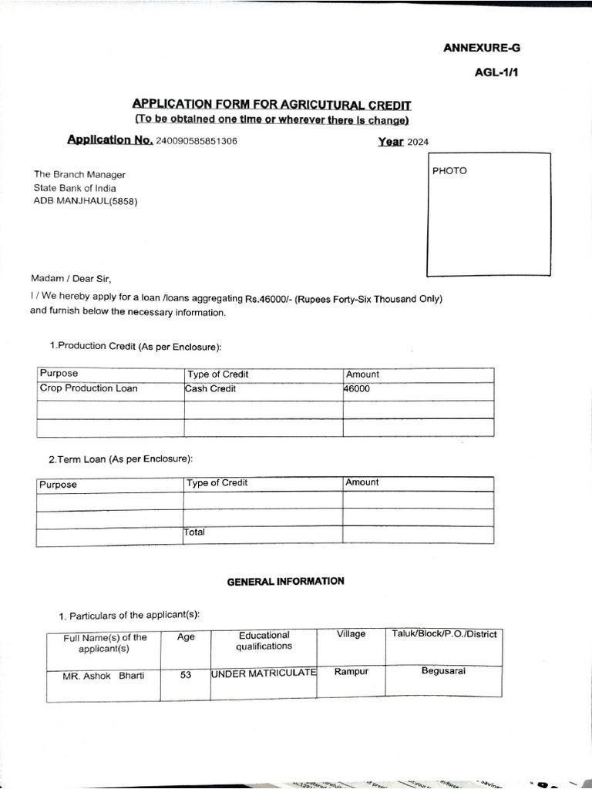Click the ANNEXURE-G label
pos(482,48)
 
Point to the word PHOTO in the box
pos(449,171)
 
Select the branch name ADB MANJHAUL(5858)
pos(86,201)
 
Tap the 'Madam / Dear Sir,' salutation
pos(76,279)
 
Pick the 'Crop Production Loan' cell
pos(89,389)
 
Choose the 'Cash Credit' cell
pos(210,389)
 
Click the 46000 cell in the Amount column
pos(357,389)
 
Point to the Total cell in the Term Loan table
pos(194,532)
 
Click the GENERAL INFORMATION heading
pos(285,582)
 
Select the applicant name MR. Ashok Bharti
pos(103,677)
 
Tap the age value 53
pos(186,676)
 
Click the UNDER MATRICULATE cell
pos(264,673)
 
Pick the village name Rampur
pos(351,672)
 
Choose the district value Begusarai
pos(443,671)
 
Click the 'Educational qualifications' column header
pos(264,641)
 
